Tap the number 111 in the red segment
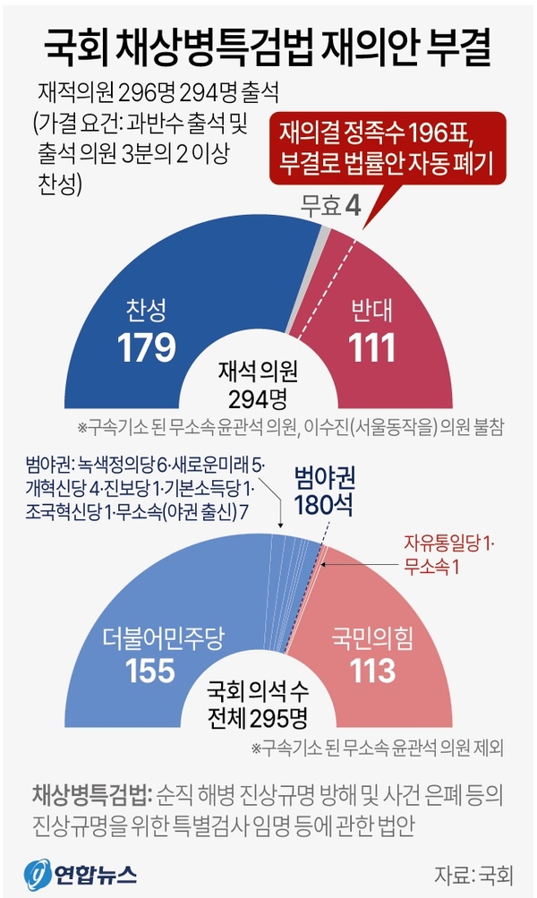point(371,347)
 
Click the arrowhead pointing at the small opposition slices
point(283,527)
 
